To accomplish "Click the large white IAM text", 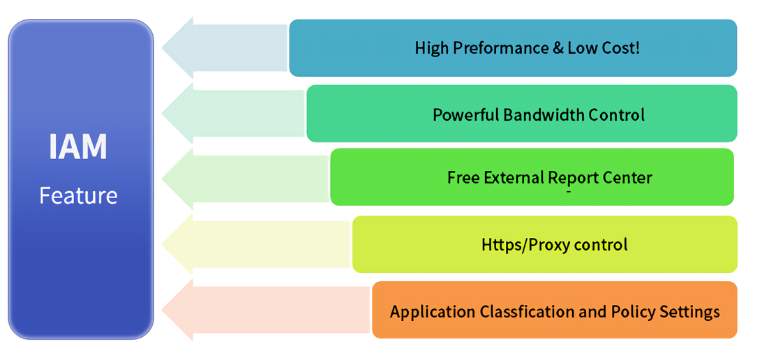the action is click(x=78, y=147).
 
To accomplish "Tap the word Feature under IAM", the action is click(x=78, y=196).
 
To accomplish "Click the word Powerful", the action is click(x=465, y=115).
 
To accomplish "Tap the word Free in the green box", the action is click(x=463, y=177).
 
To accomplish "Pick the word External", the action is click(x=514, y=177).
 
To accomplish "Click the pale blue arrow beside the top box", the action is click(x=224, y=47).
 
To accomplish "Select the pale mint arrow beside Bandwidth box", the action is click(x=233, y=114).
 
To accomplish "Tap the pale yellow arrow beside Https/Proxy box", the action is click(x=255, y=244).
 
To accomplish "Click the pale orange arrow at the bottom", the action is click(x=266, y=310).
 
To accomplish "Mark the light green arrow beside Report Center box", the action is click(x=245, y=179).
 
